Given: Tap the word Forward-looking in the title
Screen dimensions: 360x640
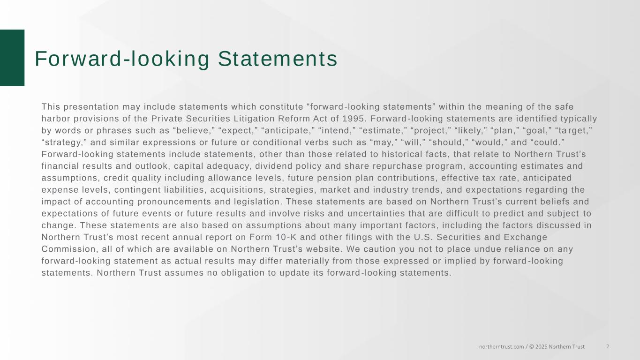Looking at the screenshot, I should coord(122,59).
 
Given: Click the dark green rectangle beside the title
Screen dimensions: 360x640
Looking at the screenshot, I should coord(12,58).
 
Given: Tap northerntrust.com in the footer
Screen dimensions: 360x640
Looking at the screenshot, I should coord(501,347).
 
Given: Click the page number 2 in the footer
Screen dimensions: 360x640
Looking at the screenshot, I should coord(608,346).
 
